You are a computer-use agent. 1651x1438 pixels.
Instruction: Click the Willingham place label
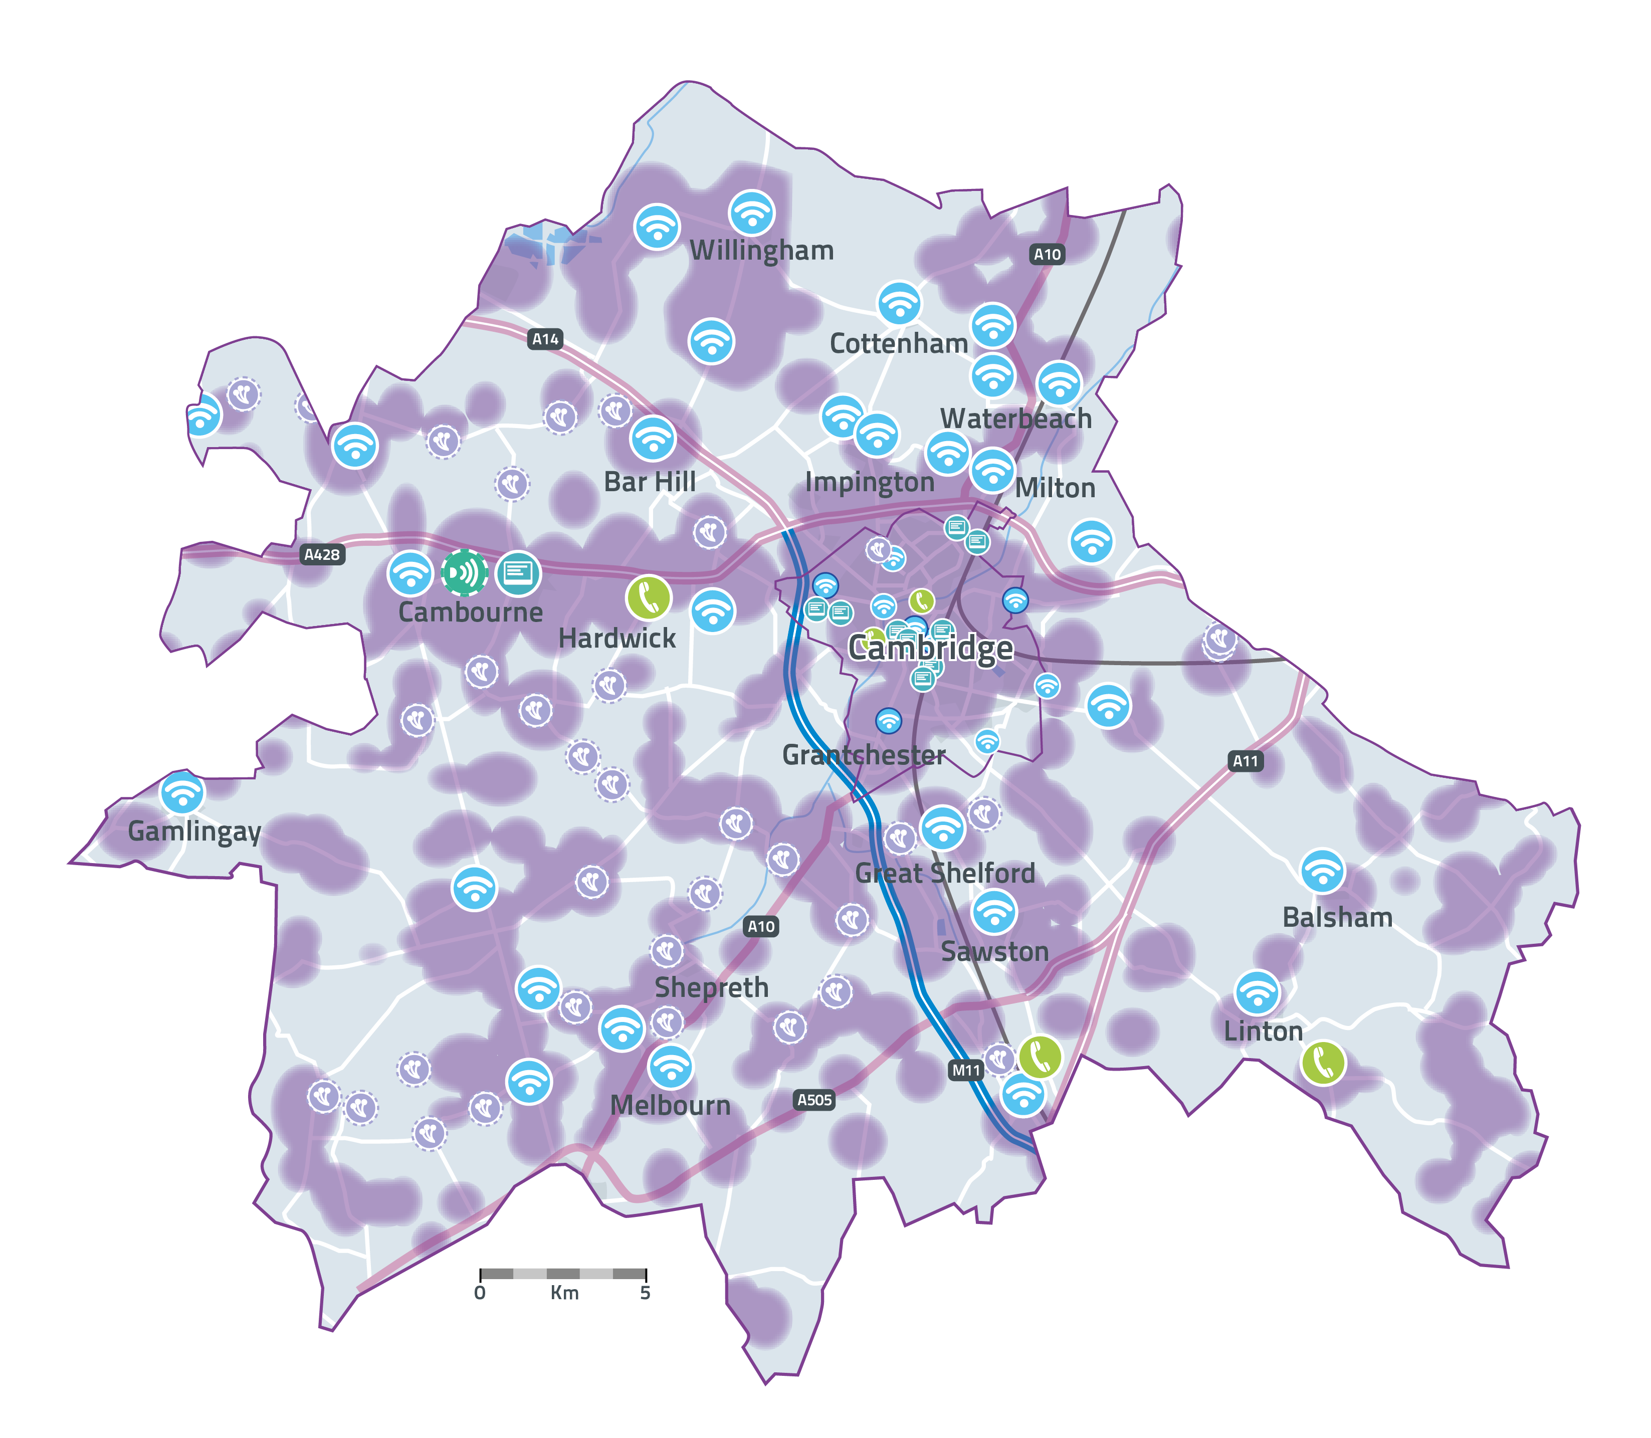pyautogui.click(x=761, y=251)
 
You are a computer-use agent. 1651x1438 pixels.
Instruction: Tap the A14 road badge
pyautogui.click(x=545, y=339)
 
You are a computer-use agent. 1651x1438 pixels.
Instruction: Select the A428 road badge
pyautogui.click(x=322, y=554)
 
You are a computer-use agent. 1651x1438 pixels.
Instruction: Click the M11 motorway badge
pyautogui.click(x=966, y=1071)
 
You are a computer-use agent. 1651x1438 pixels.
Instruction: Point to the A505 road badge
pyautogui.click(x=814, y=1100)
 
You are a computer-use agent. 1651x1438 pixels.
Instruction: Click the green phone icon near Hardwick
pyautogui.click(x=648, y=598)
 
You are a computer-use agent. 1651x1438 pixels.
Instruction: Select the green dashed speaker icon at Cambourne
pyautogui.click(x=464, y=573)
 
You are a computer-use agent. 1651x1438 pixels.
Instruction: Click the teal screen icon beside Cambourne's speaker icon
pyautogui.click(x=518, y=573)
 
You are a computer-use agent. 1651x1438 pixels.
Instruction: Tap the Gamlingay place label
pyautogui.click(x=194, y=832)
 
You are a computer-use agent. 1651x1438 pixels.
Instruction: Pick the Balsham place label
pyautogui.click(x=1337, y=917)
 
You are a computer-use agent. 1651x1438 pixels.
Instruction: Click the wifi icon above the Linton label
pyautogui.click(x=1257, y=992)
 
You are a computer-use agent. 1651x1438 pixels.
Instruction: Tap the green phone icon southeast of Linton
pyautogui.click(x=1323, y=1063)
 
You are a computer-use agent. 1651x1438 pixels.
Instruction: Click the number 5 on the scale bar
pyautogui.click(x=645, y=1293)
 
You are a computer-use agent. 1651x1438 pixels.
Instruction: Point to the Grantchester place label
pyautogui.click(x=864, y=755)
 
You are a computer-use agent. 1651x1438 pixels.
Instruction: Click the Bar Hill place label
pyautogui.click(x=650, y=482)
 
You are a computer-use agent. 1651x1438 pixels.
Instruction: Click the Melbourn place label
pyautogui.click(x=671, y=1106)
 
